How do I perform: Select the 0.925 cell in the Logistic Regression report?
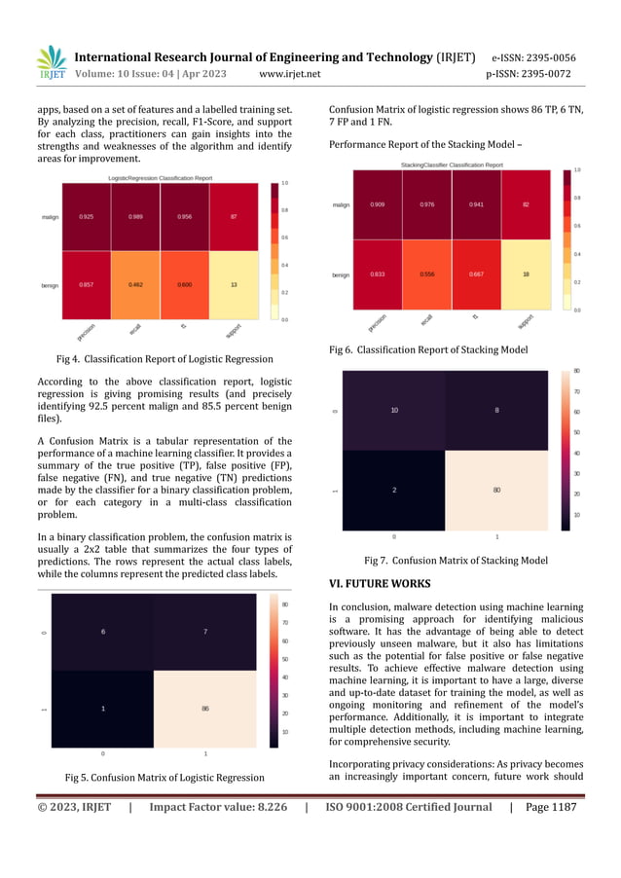88,217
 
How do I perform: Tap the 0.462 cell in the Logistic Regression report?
135,284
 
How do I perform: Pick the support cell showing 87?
233,217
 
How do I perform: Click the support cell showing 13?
233,284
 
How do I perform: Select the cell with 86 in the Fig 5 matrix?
205,709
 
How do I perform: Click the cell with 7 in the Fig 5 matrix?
205,633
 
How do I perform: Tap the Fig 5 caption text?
164,777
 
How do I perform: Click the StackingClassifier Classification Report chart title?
450,165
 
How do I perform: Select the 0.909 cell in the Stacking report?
377,205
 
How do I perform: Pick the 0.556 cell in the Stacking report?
426,274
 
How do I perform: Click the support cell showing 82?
526,205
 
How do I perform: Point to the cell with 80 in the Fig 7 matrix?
496,490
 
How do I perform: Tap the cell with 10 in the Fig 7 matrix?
394,411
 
